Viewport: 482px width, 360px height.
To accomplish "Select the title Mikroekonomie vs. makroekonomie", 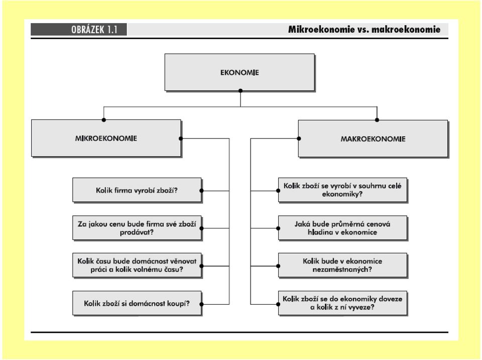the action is tap(365, 30).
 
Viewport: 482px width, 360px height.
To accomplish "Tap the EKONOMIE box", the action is tap(240, 73).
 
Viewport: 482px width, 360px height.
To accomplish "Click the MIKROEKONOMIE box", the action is tap(106, 139).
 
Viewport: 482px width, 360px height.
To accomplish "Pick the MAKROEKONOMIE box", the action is tap(373, 139).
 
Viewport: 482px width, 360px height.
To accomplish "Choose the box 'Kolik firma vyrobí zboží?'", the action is tap(137, 190).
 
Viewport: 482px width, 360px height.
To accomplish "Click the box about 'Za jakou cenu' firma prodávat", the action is tap(137, 228).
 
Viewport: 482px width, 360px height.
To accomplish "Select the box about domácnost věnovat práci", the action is tap(137, 266).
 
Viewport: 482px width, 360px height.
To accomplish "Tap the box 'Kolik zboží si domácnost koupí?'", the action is tap(137, 303).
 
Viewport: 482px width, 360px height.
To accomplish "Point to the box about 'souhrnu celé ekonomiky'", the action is tap(342, 190).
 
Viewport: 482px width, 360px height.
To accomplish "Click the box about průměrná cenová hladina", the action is tap(342, 228).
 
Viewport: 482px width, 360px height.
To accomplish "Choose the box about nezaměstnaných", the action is tap(342, 266).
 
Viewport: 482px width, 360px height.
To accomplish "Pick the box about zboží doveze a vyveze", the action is tap(342, 303).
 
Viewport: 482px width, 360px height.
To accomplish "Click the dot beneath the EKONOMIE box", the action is tap(240, 91).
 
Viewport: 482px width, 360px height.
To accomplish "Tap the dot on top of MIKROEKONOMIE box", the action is tap(104, 120).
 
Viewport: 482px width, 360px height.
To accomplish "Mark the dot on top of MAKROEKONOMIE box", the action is tap(377, 120).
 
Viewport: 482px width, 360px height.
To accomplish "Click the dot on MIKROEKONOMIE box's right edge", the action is tap(181, 139).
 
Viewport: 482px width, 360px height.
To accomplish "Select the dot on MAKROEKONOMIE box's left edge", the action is tap(299, 139).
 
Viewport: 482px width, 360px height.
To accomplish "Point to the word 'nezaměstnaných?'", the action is tap(342, 270).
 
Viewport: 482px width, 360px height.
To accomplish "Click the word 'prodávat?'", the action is tap(137, 232).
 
